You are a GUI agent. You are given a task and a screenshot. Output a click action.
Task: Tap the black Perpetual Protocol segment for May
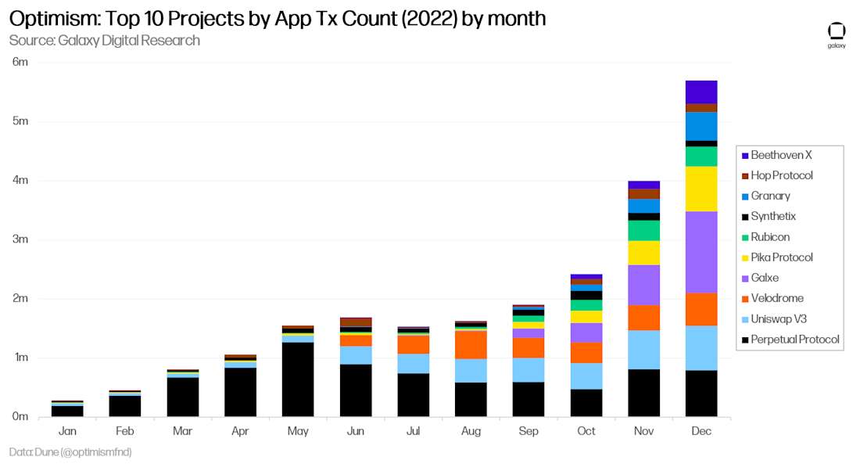pos(298,379)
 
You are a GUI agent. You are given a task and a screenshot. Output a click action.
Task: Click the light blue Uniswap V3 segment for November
pos(643,349)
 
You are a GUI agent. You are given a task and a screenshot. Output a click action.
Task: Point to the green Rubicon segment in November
pos(643,230)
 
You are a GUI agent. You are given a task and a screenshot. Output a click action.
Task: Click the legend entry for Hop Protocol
pos(782,175)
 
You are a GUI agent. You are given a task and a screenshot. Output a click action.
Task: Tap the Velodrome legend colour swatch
pos(745,299)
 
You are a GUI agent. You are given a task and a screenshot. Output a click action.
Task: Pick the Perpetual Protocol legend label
pos(795,340)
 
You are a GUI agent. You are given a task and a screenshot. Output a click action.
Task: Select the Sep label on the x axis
pos(529,431)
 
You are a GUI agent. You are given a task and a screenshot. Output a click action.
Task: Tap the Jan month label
pos(67,431)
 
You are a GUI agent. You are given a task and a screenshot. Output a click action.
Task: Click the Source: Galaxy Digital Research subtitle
pos(105,40)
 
